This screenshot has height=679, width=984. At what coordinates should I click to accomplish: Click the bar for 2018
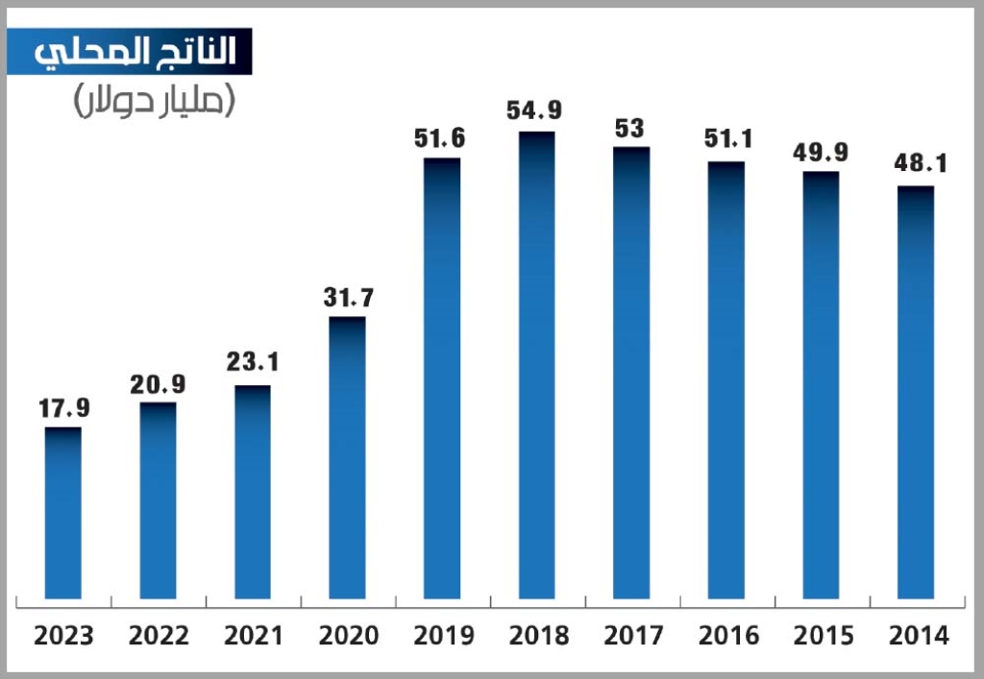point(536,365)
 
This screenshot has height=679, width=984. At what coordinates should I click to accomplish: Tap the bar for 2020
point(347,457)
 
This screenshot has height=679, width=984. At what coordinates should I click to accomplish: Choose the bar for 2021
point(253,492)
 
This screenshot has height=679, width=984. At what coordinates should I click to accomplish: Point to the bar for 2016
point(726,379)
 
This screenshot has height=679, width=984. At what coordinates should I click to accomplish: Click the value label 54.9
point(536,111)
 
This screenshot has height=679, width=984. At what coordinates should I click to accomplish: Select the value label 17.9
point(64,408)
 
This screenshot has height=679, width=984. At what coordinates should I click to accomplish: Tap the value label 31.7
point(348,298)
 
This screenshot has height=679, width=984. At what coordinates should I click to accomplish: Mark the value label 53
point(629,128)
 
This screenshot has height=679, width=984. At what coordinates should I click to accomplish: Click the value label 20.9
point(159,384)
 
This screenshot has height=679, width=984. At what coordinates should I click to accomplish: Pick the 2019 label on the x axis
point(443,636)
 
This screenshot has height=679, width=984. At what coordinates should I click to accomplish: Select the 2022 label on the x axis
point(160,636)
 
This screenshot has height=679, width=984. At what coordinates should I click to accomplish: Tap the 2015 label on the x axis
point(823,636)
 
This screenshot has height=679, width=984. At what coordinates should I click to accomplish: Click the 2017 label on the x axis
point(632,636)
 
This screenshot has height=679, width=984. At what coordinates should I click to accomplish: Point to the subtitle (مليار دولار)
point(154,101)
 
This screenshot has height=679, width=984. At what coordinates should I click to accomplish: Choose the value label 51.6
point(440,138)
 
